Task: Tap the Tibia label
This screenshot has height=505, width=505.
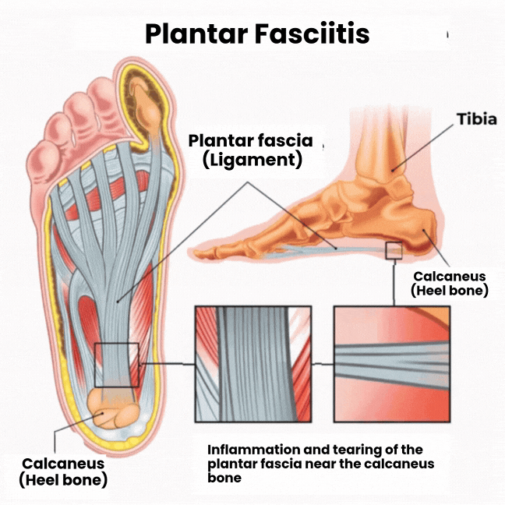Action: pyautogui.click(x=475, y=121)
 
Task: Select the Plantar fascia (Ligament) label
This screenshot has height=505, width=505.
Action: pyautogui.click(x=250, y=151)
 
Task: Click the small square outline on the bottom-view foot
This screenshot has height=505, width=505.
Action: pyautogui.click(x=116, y=364)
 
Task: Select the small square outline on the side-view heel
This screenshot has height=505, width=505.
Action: pyautogui.click(x=394, y=249)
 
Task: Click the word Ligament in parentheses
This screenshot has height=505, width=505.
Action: pyautogui.click(x=251, y=161)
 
